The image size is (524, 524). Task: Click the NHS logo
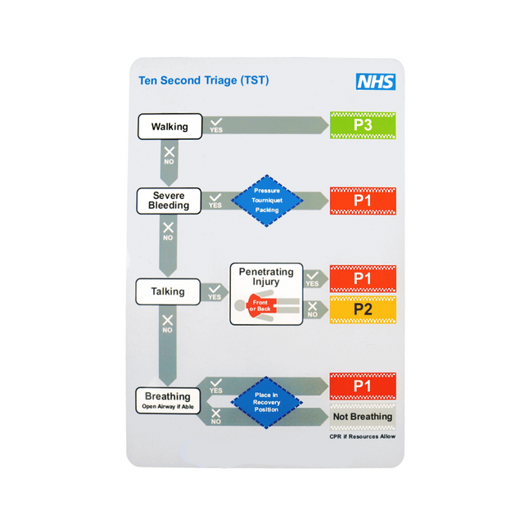pos(376,82)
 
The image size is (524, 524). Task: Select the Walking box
pos(169,127)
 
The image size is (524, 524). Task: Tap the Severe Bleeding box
pos(169,201)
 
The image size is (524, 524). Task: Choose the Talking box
pos(167,291)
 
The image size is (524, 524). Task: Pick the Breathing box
pos(167,400)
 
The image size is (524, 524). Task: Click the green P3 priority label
pos(363,125)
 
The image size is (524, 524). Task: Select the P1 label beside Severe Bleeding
pos(363,201)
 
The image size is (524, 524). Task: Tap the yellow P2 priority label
pos(363,309)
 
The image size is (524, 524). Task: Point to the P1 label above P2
pos(363,278)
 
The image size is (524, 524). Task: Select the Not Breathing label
pos(363,417)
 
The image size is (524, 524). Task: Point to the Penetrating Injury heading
pos(266,276)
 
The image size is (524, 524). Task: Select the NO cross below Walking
pos(169,154)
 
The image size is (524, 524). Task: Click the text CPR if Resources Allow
pos(363,436)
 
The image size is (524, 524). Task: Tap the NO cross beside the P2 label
pos(312,309)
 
